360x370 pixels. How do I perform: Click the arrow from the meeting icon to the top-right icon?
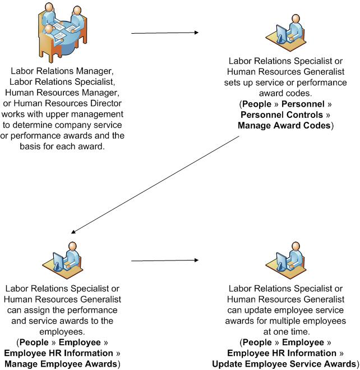[x=164, y=33]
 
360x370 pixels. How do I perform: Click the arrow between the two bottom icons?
[x=165, y=260]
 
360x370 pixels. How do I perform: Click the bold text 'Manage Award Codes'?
[x=284, y=125]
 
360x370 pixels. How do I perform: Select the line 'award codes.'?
[x=287, y=93]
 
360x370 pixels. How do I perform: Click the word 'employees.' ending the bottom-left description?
[x=62, y=331]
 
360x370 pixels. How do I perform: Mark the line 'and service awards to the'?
[x=62, y=321]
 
